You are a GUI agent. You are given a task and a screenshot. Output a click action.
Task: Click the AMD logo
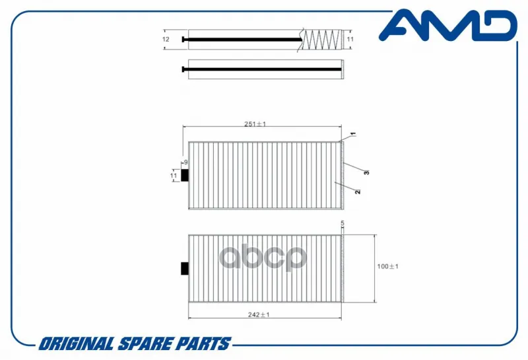click(x=448, y=25)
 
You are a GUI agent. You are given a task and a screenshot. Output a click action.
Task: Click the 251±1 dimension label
click(x=255, y=124)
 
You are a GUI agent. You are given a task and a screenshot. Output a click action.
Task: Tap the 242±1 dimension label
click(x=259, y=314)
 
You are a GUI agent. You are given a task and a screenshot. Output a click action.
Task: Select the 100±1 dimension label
click(x=387, y=266)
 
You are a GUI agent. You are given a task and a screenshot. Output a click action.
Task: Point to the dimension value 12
click(x=166, y=40)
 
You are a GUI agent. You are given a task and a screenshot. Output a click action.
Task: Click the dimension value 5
click(x=343, y=223)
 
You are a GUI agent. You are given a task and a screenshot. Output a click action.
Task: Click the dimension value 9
click(x=186, y=162)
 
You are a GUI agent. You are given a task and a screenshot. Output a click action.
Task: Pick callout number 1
click(x=353, y=134)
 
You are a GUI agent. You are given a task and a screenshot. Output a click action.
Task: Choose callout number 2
click(x=358, y=192)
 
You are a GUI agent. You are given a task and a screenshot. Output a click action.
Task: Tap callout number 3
click(x=366, y=172)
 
